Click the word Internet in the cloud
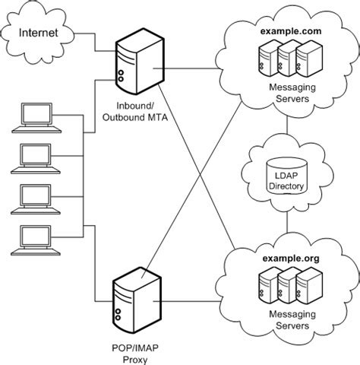[39, 33]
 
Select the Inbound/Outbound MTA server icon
[140, 62]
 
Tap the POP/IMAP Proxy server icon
[137, 300]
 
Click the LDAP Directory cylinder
[287, 176]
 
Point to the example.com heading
[291, 31]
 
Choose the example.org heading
[291, 259]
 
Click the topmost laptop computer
[36, 118]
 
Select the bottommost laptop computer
[36, 240]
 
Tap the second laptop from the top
[36, 159]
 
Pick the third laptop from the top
[36, 199]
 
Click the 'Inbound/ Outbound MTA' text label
[135, 112]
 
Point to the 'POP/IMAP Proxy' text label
[135, 354]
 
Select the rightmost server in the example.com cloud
[309, 59]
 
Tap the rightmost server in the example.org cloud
[309, 286]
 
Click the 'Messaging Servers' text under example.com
[292, 93]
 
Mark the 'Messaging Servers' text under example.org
[292, 319]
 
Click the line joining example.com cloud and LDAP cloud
[287, 125]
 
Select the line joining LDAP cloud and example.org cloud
[287, 222]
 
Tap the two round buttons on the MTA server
[121, 76]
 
